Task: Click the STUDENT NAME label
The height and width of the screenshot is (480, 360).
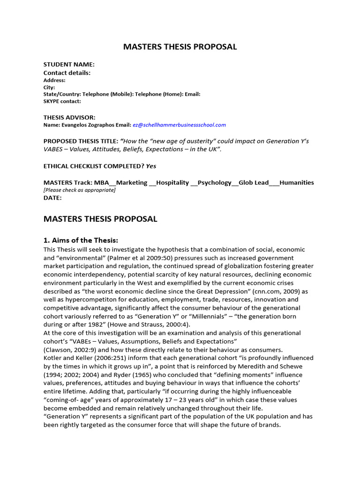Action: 69,64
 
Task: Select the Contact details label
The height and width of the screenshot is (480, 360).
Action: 67,73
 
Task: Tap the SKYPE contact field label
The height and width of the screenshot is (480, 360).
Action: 62,101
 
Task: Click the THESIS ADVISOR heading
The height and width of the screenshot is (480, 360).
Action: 69,117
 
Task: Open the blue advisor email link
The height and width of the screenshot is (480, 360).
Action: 179,125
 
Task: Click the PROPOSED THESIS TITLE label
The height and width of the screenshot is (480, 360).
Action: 81,141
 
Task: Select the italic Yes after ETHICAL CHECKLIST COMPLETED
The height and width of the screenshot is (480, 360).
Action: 151,165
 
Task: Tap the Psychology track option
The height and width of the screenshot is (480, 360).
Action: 214,182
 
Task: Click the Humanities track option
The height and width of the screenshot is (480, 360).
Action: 297,182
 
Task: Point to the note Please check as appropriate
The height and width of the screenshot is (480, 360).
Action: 79,190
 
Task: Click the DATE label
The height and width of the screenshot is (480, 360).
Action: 52,198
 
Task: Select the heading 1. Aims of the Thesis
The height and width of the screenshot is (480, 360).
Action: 81,240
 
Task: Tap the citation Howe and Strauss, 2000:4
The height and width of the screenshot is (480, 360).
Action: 150,325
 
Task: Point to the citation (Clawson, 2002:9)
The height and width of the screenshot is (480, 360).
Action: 70,350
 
